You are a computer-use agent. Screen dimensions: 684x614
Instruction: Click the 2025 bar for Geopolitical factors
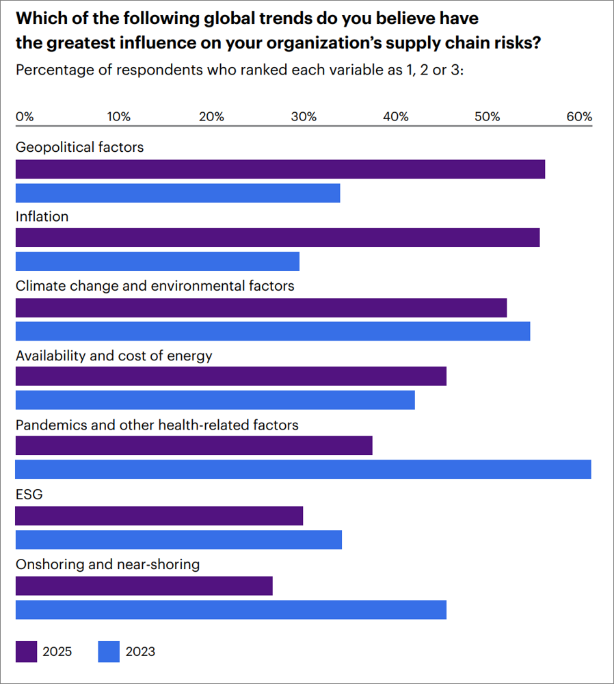(280, 169)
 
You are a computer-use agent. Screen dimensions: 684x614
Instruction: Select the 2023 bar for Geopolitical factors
(178, 194)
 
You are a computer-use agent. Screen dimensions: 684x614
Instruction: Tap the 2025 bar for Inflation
(277, 237)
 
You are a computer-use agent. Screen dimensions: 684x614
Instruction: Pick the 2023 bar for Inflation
(157, 261)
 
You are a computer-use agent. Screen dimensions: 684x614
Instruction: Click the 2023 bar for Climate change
(272, 331)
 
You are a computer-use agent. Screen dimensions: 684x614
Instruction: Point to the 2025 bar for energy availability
(230, 376)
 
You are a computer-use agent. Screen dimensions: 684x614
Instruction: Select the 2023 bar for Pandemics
(303, 469)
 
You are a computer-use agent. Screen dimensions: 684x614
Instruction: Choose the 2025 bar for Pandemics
(193, 446)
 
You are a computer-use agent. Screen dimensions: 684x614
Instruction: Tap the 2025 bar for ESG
(159, 516)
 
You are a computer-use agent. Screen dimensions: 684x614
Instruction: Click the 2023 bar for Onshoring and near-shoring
(230, 609)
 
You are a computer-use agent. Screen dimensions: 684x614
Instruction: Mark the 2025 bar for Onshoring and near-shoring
(144, 586)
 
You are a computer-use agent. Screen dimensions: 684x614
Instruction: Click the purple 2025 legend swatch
(26, 651)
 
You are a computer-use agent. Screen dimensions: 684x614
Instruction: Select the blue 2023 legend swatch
(109, 651)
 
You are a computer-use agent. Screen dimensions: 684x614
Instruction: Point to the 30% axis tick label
(304, 116)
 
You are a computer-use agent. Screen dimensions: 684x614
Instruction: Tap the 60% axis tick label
(579, 116)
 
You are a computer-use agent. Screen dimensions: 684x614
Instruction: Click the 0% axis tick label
(25, 116)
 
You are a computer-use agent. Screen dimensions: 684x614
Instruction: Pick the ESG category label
(29, 494)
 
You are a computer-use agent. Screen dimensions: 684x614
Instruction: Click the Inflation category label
(42, 216)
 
